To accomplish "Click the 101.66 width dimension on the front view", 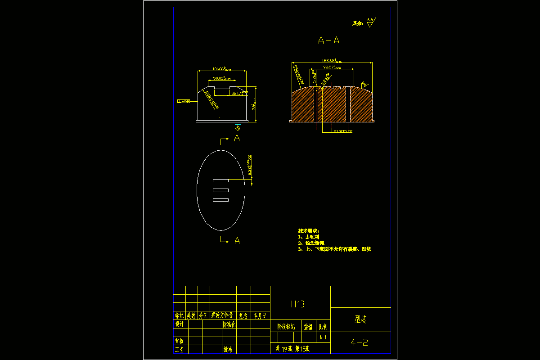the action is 221,69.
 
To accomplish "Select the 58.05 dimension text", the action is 222,78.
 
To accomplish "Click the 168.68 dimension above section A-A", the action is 332,60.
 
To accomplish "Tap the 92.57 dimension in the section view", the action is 332,67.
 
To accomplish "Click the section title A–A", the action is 328,40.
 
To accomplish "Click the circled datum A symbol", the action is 238,128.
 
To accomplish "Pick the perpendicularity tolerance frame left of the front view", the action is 183,102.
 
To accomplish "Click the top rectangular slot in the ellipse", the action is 220,180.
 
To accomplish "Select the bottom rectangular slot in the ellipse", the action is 220,200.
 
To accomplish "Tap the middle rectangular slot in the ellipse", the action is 220,190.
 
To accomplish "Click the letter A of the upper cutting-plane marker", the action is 237,139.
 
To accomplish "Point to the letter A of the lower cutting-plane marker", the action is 237,241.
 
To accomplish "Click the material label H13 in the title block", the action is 297,304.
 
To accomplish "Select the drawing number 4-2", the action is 360,342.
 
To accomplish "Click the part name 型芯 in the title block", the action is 360,319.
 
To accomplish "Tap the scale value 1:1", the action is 323,337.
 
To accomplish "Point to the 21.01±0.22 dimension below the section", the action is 342,131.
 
